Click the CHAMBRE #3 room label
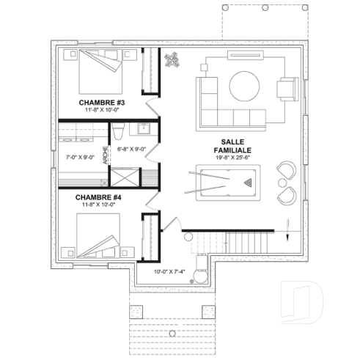tap(103, 103)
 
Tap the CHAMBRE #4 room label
tap(99, 196)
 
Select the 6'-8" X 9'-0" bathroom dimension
tap(132, 149)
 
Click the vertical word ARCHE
tap(106, 157)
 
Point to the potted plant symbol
tap(173, 60)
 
